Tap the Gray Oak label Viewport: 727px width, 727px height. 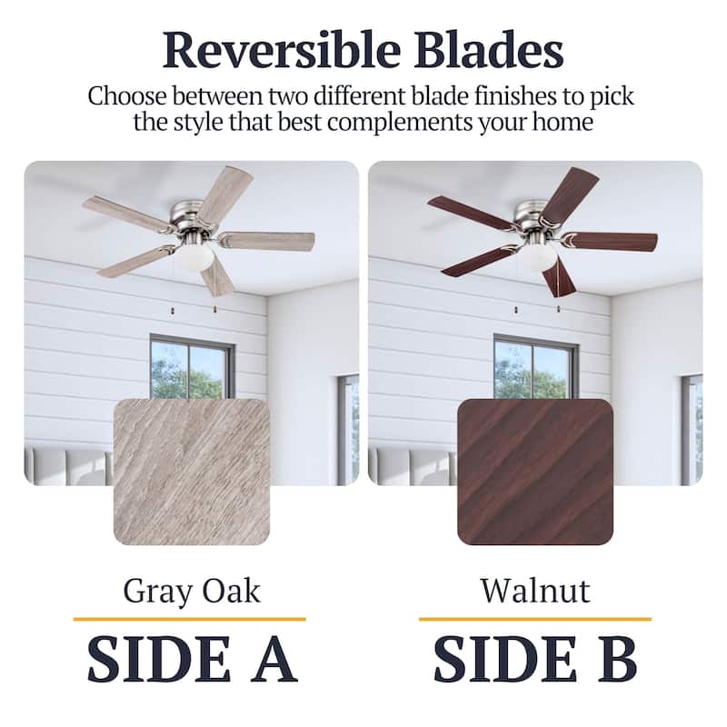[x=191, y=591]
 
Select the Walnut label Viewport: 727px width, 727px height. [x=534, y=591]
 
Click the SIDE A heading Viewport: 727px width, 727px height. [x=191, y=659]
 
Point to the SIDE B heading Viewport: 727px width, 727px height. [x=534, y=659]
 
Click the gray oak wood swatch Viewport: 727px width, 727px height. [x=191, y=472]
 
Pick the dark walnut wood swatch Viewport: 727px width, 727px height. [x=534, y=472]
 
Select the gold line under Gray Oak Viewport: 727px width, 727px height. [x=189, y=619]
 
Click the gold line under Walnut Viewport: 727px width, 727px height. [x=534, y=619]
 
